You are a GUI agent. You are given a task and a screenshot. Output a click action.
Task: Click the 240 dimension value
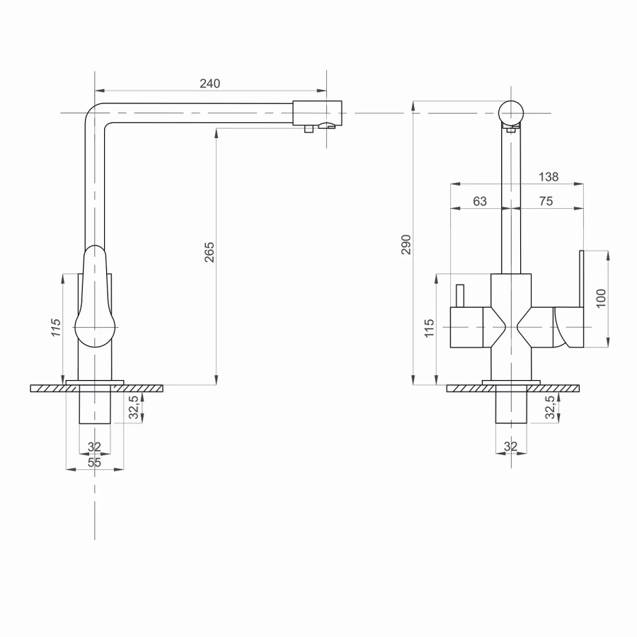pos(210,84)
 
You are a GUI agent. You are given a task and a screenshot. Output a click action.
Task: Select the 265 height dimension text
pos(210,252)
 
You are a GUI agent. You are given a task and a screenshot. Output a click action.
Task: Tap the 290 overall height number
pos(406,245)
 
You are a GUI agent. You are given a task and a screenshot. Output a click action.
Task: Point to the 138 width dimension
pos(549,177)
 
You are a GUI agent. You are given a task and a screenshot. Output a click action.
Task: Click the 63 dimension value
pos(480,202)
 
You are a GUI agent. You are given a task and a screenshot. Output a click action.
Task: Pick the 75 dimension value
pos(546,202)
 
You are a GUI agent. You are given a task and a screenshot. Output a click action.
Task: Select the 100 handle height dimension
pos(601,298)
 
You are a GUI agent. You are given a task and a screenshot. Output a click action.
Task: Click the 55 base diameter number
pos(95,462)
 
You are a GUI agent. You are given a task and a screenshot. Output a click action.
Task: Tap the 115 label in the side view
pos(57,328)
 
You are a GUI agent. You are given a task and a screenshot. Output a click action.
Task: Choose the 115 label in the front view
pos(429,328)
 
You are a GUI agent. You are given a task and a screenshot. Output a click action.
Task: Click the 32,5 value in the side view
pos(134,408)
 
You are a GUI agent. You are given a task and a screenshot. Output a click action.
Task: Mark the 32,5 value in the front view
pos(550,408)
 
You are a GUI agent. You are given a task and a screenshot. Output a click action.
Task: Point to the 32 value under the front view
pos(510,447)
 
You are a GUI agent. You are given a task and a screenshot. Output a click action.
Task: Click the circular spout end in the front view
pos(510,113)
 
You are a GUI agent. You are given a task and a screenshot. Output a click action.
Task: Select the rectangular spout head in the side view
pos(317,113)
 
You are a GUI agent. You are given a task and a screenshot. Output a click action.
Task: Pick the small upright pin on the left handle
pos(459,295)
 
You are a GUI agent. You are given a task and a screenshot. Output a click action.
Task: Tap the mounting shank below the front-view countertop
pos(510,408)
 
